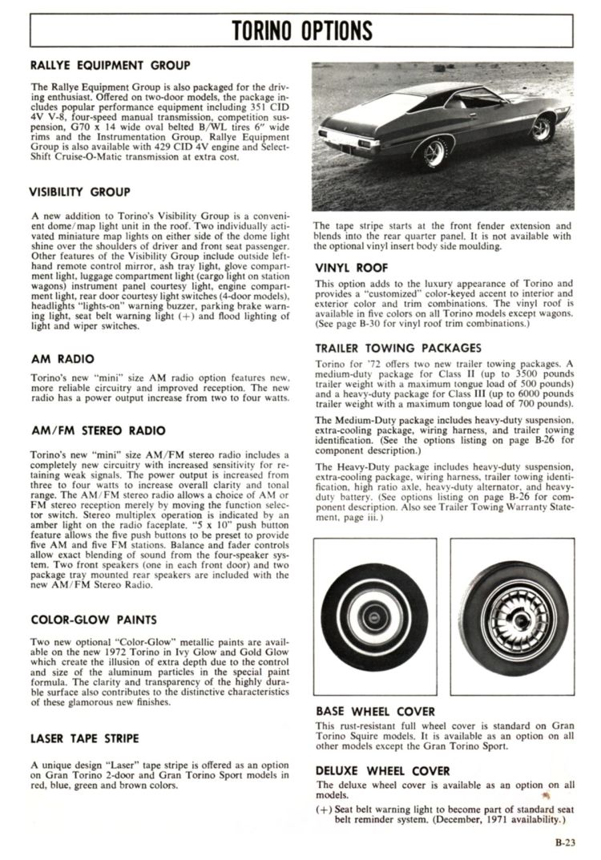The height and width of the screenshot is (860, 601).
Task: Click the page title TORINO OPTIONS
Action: click(x=302, y=30)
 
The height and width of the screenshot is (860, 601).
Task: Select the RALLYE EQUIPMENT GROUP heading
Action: click(x=110, y=64)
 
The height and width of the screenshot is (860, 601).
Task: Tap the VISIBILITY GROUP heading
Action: click(x=79, y=192)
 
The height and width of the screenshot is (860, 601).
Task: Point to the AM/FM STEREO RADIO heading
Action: click(x=98, y=430)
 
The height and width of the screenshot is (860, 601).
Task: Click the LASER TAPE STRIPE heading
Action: click(x=84, y=738)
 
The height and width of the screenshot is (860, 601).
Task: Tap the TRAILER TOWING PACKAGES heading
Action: click(x=398, y=348)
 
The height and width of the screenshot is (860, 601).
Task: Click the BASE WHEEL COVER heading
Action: click(x=375, y=711)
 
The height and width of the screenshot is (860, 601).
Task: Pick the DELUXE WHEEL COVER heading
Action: click(x=382, y=771)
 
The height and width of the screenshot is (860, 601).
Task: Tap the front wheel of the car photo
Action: click(x=543, y=127)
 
